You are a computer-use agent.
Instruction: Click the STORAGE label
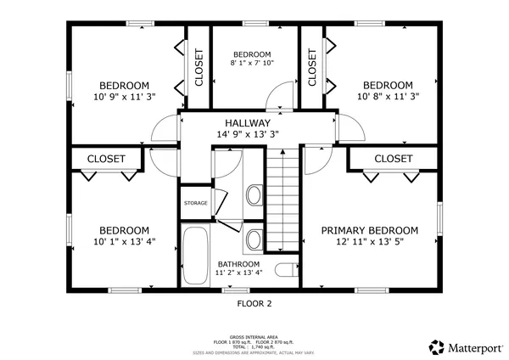(195, 203)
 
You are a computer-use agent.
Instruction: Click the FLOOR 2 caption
(254, 302)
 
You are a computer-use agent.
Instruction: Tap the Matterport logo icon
(437, 347)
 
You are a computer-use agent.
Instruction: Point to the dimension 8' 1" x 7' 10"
(252, 63)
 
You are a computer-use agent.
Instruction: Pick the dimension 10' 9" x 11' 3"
(125, 97)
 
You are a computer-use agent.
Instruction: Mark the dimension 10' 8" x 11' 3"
(388, 97)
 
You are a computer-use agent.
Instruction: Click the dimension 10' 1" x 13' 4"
(125, 242)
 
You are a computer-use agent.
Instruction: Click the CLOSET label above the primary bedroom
(393, 159)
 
